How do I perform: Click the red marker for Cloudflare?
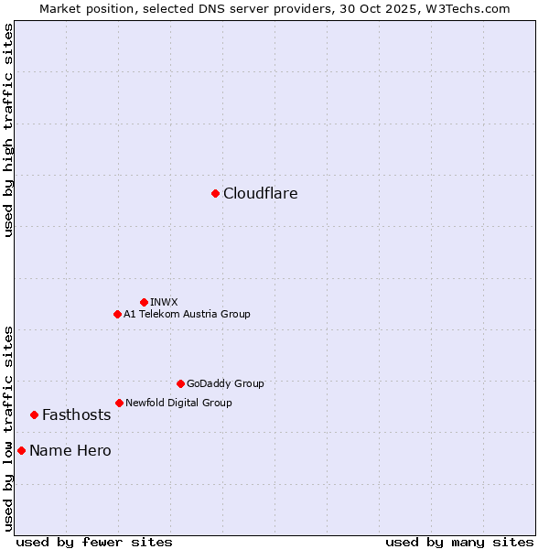[215, 193]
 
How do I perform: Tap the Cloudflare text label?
[261, 193]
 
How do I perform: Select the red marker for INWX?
[144, 302]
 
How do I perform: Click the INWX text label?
[165, 302]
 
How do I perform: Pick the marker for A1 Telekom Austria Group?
[117, 314]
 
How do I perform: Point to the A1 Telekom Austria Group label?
[187, 314]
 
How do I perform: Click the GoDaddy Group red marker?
[180, 383]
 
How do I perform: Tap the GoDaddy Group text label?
[225, 383]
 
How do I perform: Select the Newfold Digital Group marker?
[119, 403]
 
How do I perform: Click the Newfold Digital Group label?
[178, 403]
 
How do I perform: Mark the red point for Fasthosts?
[34, 414]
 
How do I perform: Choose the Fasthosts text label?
[77, 414]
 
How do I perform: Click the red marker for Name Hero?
[21, 450]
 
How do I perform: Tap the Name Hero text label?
[70, 450]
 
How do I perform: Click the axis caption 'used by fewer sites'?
[94, 542]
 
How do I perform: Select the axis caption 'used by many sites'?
[459, 542]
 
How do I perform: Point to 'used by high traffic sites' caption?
[8, 130]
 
